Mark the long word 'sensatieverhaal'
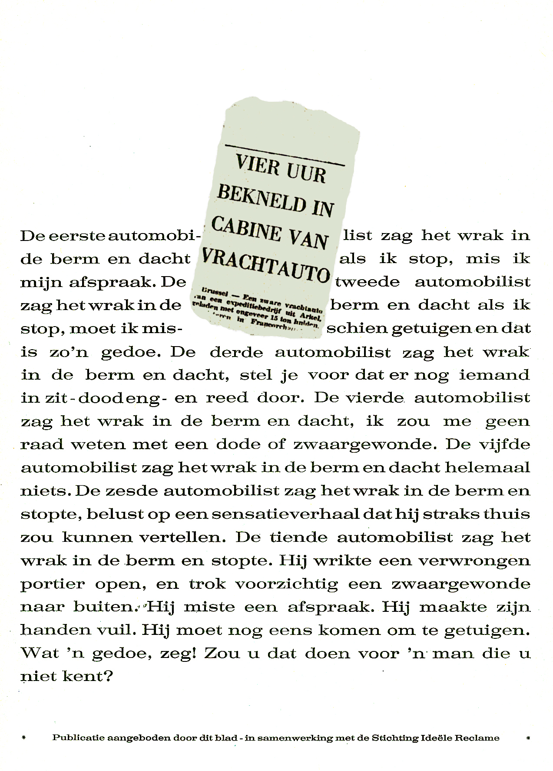[279, 514]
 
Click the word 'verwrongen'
[474, 561]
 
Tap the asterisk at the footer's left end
[23, 738]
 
